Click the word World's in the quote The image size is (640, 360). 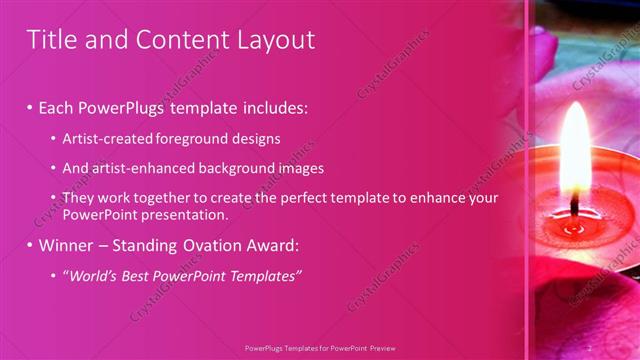click(91, 276)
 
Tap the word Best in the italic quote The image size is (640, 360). click(137, 276)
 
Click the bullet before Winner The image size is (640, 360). click(29, 245)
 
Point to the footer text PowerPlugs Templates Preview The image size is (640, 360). click(320, 347)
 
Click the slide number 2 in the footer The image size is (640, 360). click(589, 347)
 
